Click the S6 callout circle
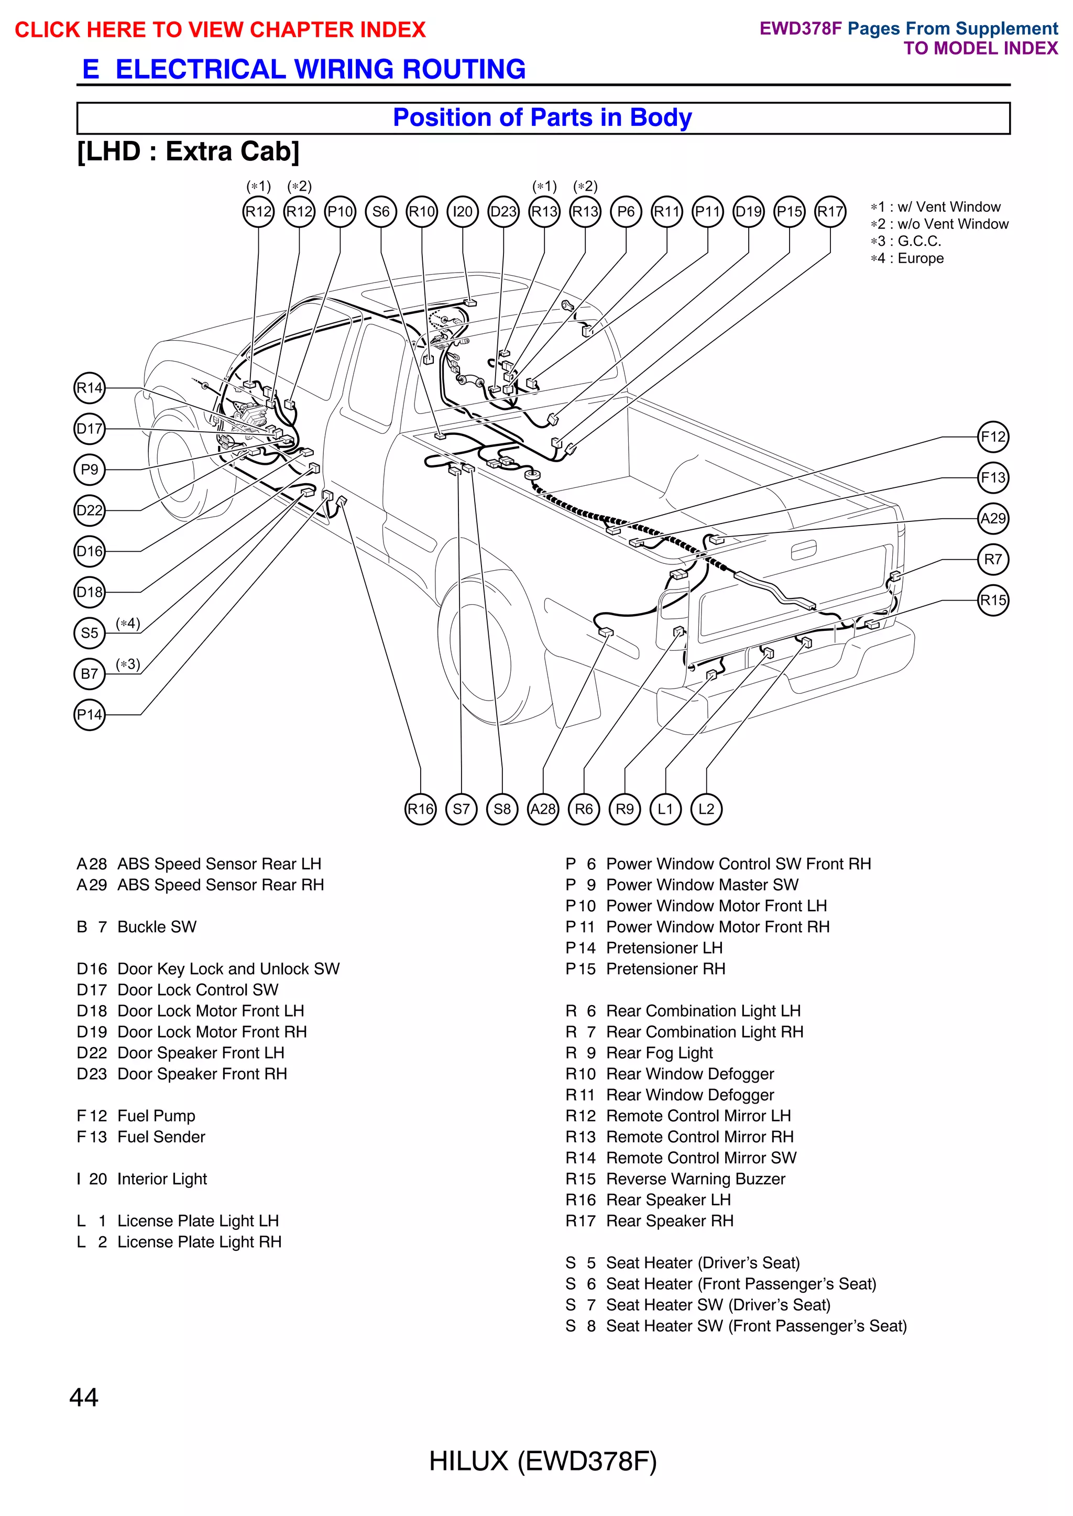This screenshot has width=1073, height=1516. (x=381, y=212)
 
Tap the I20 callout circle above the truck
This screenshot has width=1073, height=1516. (x=463, y=212)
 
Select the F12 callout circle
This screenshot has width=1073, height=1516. (x=993, y=437)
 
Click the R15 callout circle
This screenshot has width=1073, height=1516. (x=993, y=600)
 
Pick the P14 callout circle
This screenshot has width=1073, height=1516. (x=89, y=714)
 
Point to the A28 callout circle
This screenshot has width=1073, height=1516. (x=543, y=809)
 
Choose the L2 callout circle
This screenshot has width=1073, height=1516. (x=706, y=809)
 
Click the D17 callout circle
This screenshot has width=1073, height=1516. (x=89, y=429)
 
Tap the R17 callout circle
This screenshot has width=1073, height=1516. (x=830, y=212)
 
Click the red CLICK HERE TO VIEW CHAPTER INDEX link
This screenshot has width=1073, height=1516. (x=220, y=30)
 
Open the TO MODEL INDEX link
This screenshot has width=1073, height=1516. (x=980, y=48)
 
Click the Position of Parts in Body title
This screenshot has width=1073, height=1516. (x=542, y=117)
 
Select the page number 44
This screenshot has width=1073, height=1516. (x=84, y=1397)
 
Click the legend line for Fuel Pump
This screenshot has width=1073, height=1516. (x=136, y=1116)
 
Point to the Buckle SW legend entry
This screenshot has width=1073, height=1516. (x=137, y=927)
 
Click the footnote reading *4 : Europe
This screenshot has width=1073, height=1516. (x=907, y=258)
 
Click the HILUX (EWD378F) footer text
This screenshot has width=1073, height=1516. (x=542, y=1461)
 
